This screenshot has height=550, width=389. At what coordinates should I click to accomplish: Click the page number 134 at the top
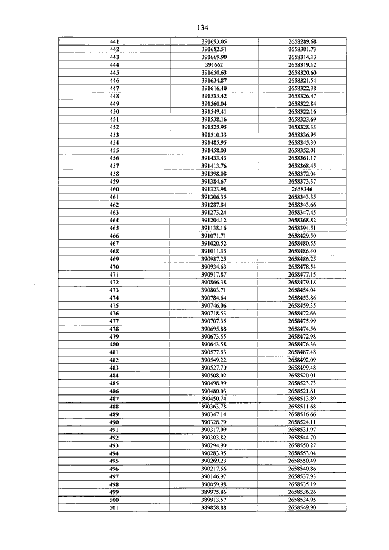pyautogui.click(x=202, y=28)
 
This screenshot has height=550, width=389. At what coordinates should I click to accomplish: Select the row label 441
pyautogui.click(x=114, y=41)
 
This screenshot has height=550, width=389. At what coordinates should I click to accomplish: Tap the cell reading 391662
pyautogui.click(x=213, y=64)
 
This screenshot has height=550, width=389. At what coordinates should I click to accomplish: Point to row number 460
pyautogui.click(x=114, y=189)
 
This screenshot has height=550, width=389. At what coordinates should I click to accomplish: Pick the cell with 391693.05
pyautogui.click(x=213, y=41)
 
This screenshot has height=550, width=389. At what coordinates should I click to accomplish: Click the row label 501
pyautogui.click(x=114, y=507)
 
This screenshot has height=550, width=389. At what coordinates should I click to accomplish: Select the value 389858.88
pyautogui.click(x=213, y=507)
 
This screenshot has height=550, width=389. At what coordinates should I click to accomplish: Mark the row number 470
pyautogui.click(x=114, y=267)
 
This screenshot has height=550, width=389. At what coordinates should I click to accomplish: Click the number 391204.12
pyautogui.click(x=213, y=220)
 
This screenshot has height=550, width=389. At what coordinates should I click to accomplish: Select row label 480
pyautogui.click(x=114, y=344)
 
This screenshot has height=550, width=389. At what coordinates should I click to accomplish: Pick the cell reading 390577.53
pyautogui.click(x=213, y=352)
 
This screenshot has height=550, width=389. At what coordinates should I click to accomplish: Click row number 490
pyautogui.click(x=114, y=422)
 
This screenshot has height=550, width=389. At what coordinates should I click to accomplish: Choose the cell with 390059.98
pyautogui.click(x=213, y=484)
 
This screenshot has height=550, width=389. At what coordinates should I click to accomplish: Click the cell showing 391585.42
pyautogui.click(x=213, y=95)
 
